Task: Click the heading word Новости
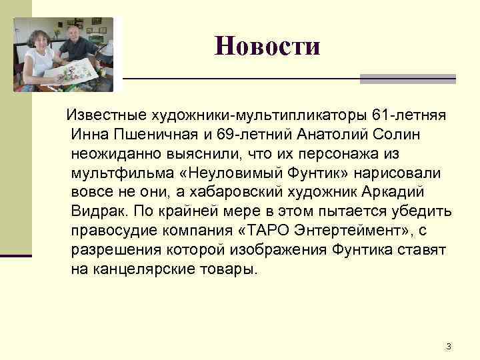(267, 46)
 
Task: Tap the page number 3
(448, 346)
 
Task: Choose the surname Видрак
(99, 212)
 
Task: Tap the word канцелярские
(144, 270)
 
